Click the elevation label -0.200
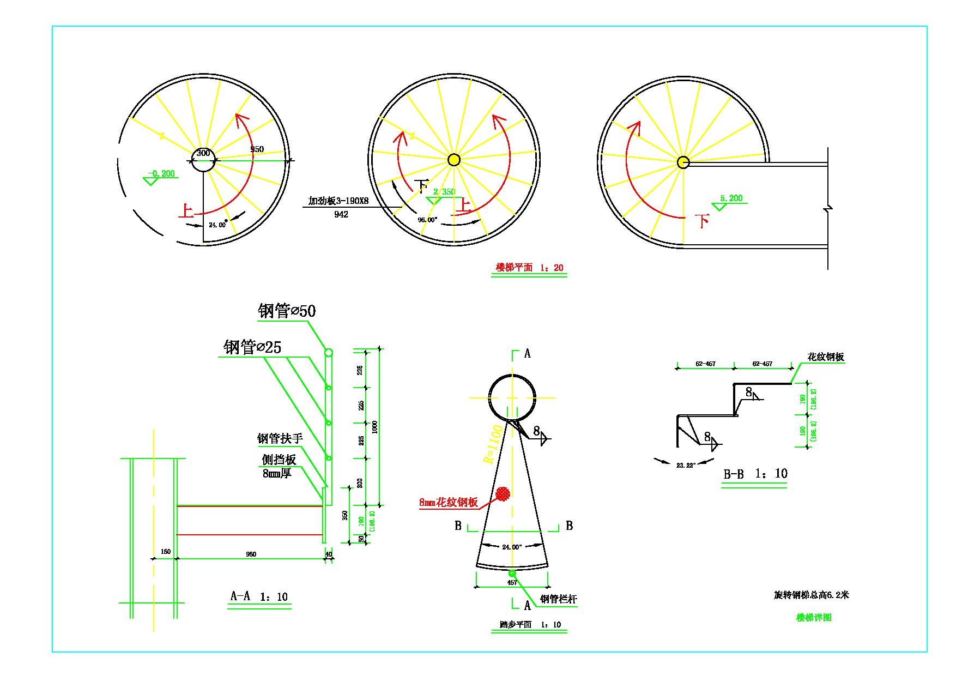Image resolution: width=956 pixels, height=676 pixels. point(162,173)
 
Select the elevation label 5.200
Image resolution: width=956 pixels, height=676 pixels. point(731,198)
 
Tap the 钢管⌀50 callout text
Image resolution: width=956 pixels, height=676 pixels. point(287,311)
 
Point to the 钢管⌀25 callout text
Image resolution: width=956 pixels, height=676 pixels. point(252,347)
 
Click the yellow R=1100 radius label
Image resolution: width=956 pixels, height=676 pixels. point(493,444)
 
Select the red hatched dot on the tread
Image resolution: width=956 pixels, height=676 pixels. point(503,493)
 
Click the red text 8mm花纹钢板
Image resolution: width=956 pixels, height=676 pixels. point(448,503)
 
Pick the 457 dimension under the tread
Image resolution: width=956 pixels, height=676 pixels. point(512,582)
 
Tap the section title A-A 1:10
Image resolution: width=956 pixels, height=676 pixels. point(259,596)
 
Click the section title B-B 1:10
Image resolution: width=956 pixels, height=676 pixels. point(755,474)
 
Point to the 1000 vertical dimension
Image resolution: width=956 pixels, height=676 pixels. point(374,427)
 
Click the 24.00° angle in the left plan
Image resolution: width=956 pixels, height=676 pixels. point(217,225)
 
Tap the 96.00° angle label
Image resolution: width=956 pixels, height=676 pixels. point(427,220)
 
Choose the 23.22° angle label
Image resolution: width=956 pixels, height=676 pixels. point(685,465)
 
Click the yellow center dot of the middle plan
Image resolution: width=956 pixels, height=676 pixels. point(453,160)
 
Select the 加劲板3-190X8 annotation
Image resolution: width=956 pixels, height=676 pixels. point(338,201)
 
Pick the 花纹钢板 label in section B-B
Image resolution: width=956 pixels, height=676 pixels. point(826,357)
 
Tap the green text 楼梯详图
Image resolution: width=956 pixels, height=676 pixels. point(814,618)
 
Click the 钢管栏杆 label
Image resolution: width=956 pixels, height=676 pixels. point(558,600)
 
